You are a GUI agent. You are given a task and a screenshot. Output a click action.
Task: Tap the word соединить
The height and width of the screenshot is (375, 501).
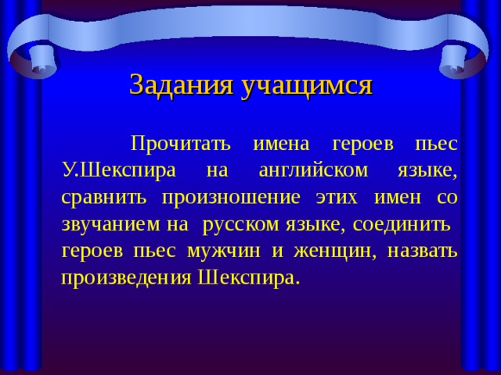point(401,224)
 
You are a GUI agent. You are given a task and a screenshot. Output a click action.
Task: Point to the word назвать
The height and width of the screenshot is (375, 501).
point(419,251)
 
